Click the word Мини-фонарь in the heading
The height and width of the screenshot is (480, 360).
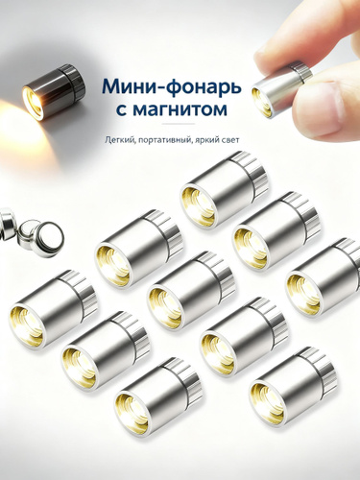click(171, 87)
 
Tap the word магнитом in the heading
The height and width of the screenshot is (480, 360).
click(180, 109)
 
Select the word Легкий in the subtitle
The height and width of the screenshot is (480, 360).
click(116, 140)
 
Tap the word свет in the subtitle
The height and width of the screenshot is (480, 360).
click(229, 140)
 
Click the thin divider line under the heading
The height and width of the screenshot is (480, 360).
click(178, 124)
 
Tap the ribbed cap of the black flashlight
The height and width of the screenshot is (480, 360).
click(75, 80)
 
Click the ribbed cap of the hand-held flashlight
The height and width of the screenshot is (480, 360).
click(301, 70)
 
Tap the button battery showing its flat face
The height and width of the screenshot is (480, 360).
click(50, 237)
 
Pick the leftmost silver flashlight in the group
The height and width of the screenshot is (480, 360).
click(53, 309)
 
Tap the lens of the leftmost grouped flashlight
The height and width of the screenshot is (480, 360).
click(27, 326)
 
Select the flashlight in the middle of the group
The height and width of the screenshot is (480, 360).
click(191, 291)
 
